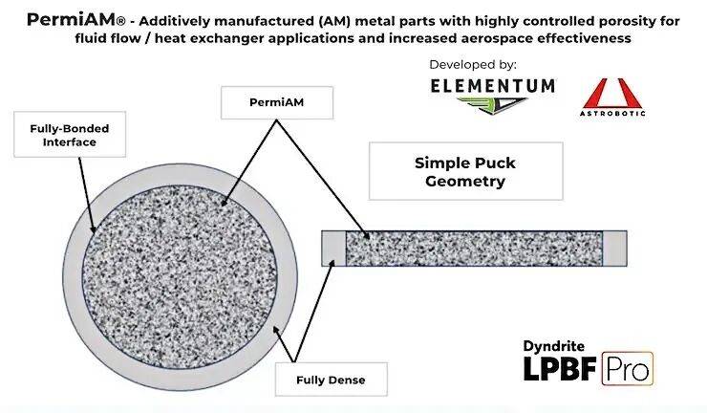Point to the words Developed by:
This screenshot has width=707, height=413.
[474, 64]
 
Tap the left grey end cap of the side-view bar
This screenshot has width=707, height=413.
[332, 248]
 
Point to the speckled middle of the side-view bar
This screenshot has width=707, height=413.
[473, 248]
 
